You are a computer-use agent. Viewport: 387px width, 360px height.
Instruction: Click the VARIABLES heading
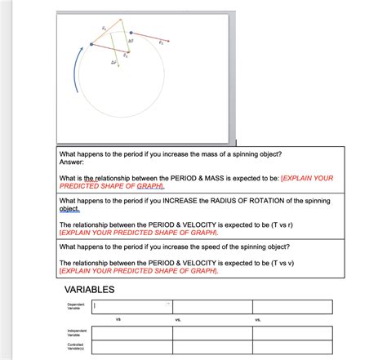pos(89,291)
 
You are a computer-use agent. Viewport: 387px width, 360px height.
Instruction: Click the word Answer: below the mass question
pos(72,162)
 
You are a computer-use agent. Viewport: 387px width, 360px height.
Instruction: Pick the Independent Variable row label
pos(75,332)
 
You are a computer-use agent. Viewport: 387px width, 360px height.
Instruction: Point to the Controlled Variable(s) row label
pos(75,346)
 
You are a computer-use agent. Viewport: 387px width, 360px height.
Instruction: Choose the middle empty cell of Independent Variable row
pos(212,332)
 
